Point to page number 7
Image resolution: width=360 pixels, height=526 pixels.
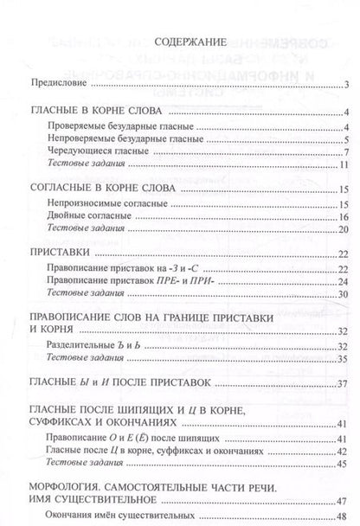click(344, 151)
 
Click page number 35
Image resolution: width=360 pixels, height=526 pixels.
click(343, 358)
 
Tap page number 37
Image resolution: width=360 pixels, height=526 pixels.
click(343, 383)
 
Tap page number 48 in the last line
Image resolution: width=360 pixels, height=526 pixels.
click(343, 516)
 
